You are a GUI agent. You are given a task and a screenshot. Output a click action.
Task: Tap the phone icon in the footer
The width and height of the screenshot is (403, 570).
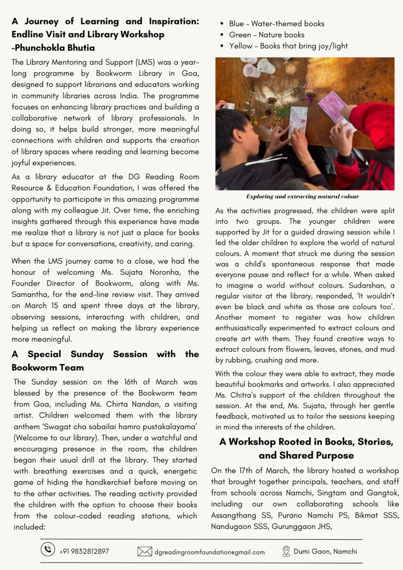pos(47,550)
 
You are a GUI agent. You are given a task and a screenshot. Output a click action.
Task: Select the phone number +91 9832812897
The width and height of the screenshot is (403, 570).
pos(84,551)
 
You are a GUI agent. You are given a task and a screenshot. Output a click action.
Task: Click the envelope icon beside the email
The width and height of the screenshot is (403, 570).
pos(145,552)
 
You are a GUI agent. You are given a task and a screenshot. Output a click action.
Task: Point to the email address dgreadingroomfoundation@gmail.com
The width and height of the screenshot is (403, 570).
pos(210,552)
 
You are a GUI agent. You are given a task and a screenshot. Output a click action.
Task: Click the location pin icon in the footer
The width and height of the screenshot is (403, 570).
pos(286,551)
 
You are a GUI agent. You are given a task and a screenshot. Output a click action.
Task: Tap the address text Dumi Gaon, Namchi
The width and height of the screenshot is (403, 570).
pos(325,551)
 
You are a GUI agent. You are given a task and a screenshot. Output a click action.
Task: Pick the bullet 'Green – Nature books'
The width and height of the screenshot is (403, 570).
pos(266,35)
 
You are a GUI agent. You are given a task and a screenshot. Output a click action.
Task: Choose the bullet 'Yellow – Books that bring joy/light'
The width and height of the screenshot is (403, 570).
pos(288,46)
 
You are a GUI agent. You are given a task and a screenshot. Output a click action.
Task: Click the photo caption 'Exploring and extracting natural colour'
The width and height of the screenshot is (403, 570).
pos(303,196)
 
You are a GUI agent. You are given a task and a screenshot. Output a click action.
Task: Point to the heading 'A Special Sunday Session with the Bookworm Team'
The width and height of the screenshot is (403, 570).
pos(105,360)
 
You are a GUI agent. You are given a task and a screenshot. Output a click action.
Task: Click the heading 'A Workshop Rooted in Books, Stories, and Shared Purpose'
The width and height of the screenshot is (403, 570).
pos(306,449)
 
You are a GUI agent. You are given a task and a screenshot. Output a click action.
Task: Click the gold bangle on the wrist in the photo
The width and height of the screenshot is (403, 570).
pos(307,163)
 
